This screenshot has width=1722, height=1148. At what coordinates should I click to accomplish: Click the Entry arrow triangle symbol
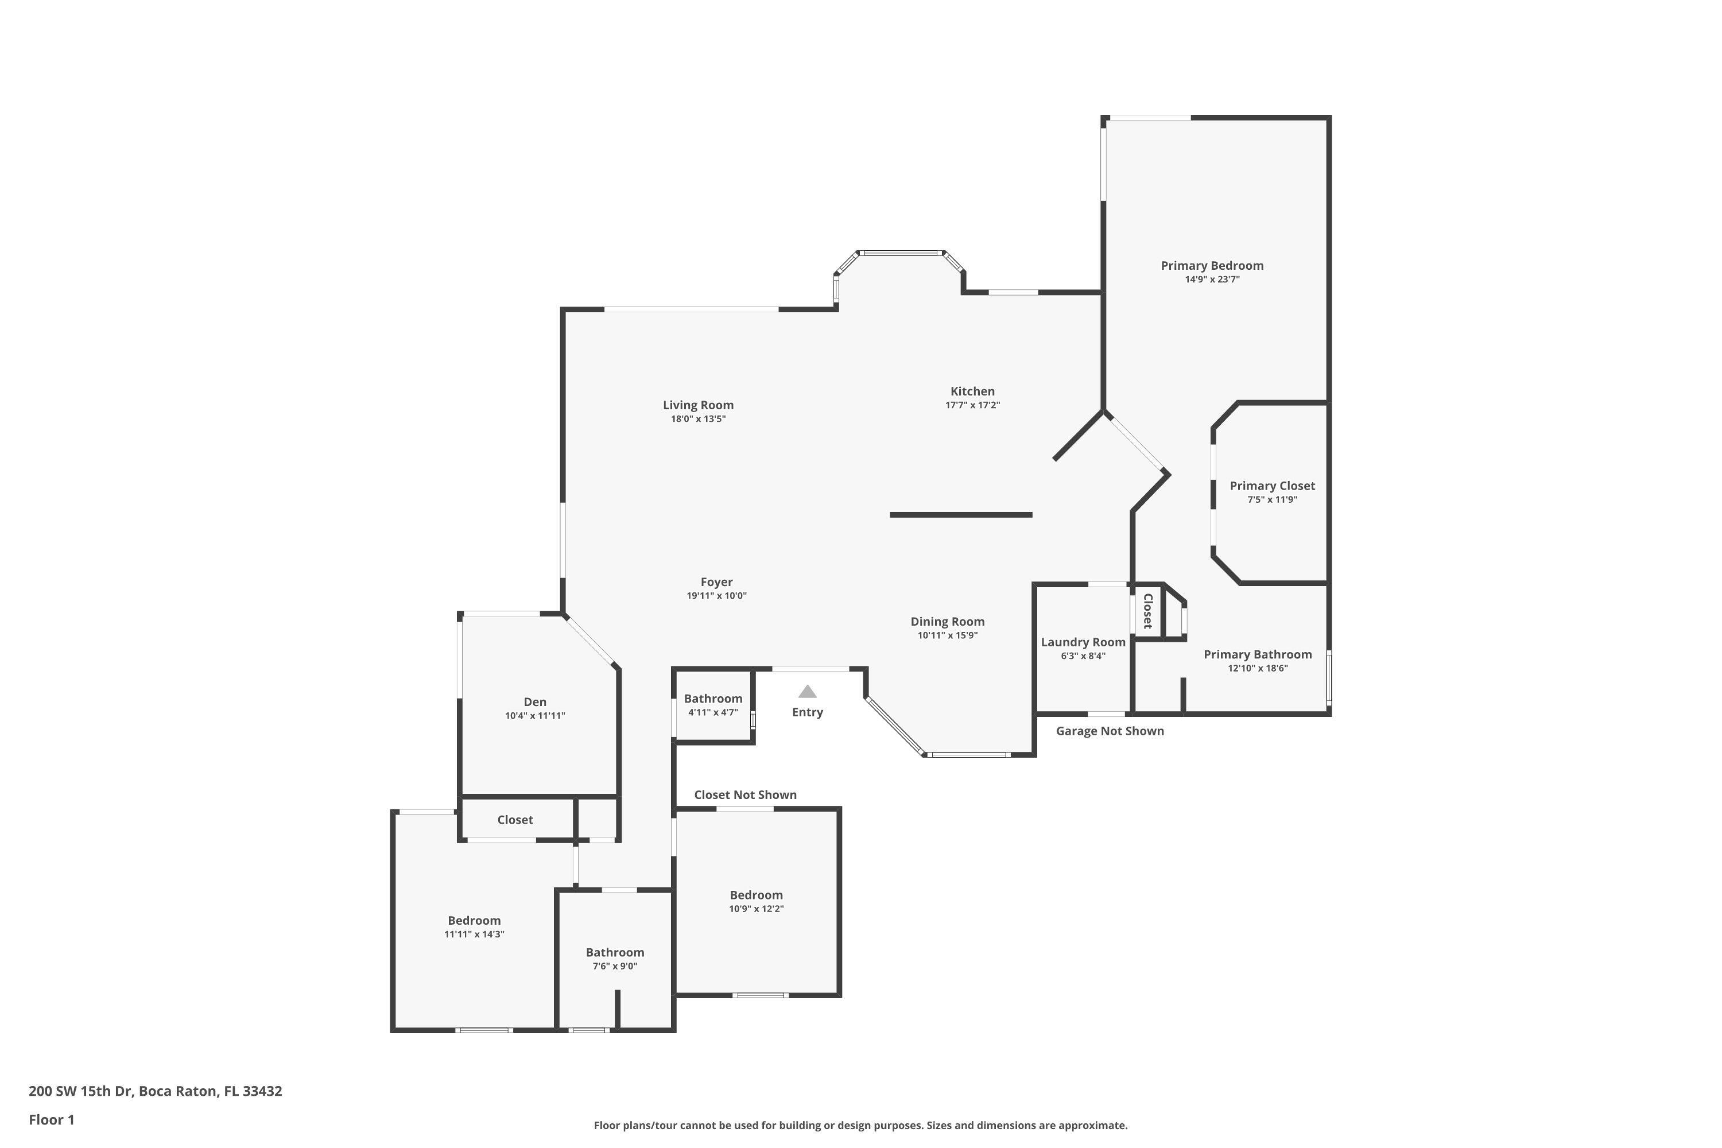point(807,692)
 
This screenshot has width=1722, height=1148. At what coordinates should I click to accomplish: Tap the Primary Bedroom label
point(1212,266)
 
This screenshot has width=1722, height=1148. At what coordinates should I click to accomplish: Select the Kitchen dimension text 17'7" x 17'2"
point(972,405)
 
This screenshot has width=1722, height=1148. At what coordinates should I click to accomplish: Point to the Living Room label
point(698,405)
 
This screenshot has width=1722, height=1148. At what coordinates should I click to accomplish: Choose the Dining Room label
point(948,622)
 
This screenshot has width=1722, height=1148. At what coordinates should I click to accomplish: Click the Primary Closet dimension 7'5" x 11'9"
point(1272,500)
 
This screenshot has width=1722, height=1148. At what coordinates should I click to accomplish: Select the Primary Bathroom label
point(1257,654)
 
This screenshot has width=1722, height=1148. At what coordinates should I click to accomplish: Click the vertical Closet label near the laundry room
point(1148,611)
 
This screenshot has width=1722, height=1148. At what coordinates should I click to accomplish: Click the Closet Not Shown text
point(744,794)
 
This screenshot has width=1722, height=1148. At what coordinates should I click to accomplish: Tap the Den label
point(534,702)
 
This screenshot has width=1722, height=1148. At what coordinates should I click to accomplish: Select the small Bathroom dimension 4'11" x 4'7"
point(712,712)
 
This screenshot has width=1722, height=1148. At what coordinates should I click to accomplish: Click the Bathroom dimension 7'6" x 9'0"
point(614,967)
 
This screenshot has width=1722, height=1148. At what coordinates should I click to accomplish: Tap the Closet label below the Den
point(515,820)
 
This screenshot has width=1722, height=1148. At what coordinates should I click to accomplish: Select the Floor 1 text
point(51,1119)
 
